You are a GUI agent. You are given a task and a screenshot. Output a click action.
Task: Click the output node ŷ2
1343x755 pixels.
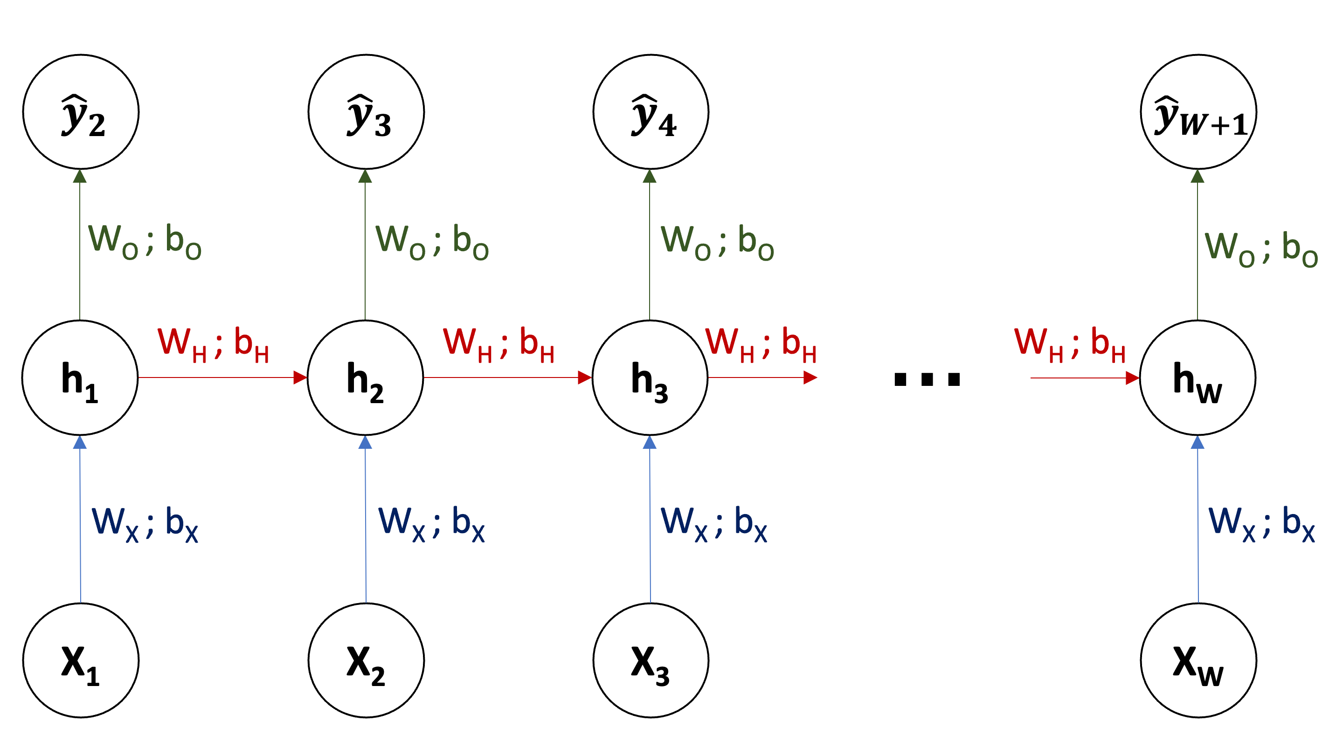(81, 112)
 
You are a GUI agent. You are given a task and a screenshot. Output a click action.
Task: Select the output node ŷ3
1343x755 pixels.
(366, 112)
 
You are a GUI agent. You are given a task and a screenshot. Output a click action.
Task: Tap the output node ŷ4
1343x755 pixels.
(651, 112)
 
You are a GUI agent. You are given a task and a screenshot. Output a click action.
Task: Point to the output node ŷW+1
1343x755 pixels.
(1198, 112)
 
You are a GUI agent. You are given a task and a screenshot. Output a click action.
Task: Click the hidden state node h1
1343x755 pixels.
(80, 378)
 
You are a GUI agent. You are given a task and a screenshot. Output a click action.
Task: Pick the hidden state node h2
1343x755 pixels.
(365, 378)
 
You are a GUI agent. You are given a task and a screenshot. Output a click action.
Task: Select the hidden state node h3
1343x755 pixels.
(650, 378)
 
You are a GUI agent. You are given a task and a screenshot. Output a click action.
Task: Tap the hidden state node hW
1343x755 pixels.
(1198, 378)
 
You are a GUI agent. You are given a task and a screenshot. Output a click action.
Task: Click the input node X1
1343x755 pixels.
(81, 660)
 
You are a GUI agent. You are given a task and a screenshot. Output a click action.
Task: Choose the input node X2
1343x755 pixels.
(366, 660)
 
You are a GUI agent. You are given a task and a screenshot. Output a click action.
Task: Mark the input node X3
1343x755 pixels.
(651, 660)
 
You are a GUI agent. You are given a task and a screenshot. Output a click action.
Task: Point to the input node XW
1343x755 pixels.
(1198, 660)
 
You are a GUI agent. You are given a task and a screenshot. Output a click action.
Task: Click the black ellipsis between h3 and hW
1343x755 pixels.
(927, 379)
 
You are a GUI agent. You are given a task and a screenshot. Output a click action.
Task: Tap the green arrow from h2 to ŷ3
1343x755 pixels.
(365, 245)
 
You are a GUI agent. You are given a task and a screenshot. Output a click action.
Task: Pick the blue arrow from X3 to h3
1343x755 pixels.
(650, 521)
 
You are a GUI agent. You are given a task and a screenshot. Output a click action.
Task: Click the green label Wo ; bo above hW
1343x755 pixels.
(1260, 248)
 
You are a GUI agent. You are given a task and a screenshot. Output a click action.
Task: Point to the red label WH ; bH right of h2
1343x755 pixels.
(498, 344)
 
